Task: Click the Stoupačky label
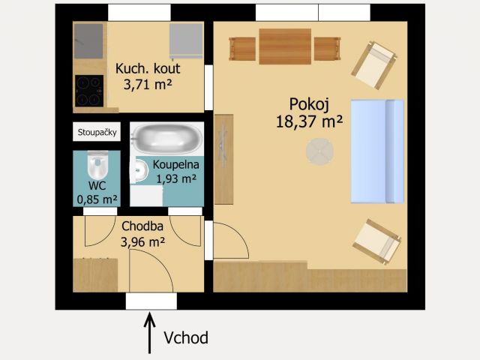coord(97,132)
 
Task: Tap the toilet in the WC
coord(97,164)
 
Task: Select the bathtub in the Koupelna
coord(167,138)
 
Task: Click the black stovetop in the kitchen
coord(89,91)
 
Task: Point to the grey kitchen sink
coord(88,41)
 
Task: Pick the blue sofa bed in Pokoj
coord(377,151)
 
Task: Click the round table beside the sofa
coord(320,151)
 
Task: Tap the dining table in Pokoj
coord(285,46)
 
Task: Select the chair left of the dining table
coord(242,49)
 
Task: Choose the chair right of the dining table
coord(328,49)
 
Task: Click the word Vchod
coord(186,337)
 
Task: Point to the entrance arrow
coord(150,332)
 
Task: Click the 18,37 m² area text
coord(309,121)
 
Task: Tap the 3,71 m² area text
coord(148,84)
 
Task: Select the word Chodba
coord(142,226)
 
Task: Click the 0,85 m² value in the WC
coord(97,199)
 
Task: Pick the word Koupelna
coord(176,165)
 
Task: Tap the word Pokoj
coord(309,104)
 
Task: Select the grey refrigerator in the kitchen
coord(186,41)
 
